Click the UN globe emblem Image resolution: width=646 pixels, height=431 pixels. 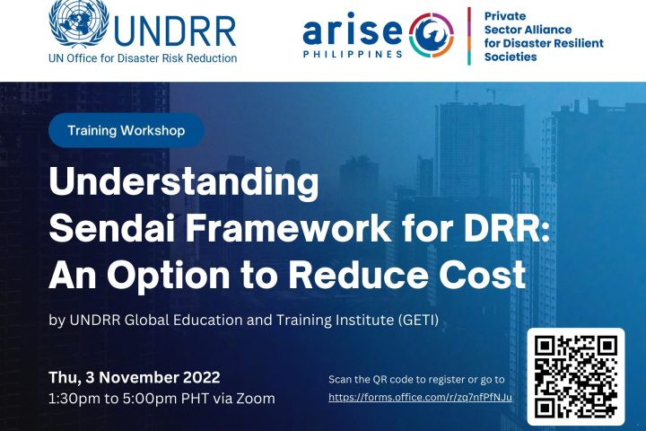tap(79, 22)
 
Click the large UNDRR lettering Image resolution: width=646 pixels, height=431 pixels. tap(175, 31)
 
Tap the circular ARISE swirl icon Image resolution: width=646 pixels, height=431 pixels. tap(432, 36)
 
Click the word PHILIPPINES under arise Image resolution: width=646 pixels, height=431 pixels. tap(354, 54)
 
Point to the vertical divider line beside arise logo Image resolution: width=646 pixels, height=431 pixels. tap(469, 36)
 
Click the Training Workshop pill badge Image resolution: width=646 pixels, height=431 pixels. tap(127, 130)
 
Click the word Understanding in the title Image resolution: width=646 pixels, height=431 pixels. tap(184, 183)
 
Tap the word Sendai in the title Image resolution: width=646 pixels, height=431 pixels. tap(114, 228)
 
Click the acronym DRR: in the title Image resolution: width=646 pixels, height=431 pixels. tap(511, 228)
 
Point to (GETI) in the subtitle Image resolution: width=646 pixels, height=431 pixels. tap(419, 320)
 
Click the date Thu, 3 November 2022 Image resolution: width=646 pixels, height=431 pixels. tap(135, 377)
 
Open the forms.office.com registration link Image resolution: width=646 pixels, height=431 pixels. tap(420, 397)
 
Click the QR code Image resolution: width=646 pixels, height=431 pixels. tap(576, 376)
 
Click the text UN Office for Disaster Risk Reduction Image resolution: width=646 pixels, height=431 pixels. tap(143, 58)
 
